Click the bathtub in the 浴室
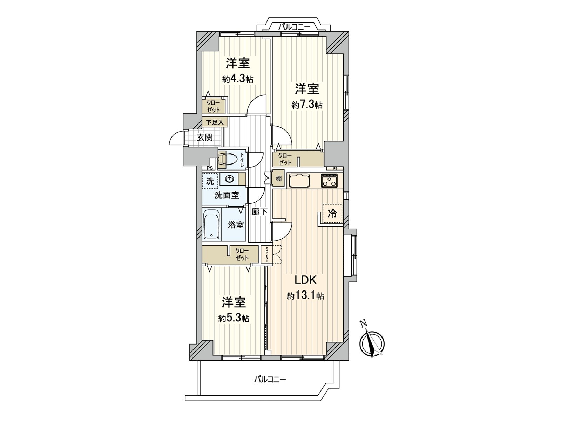(211, 225)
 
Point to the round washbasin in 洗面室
(229, 180)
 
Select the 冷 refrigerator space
(332, 214)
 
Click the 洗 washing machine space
(210, 181)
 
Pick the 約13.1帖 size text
(305, 296)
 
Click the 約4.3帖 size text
(238, 79)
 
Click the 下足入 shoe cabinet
(215, 122)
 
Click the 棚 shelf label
(278, 179)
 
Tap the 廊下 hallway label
(260, 212)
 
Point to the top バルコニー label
(294, 26)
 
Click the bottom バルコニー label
(270, 379)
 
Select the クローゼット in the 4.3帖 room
(213, 106)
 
